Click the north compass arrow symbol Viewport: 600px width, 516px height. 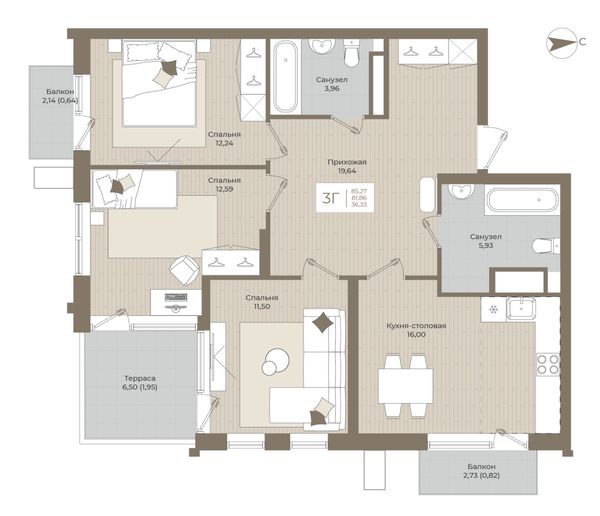point(561,43)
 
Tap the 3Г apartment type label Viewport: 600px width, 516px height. point(331,198)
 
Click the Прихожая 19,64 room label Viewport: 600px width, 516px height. point(347,166)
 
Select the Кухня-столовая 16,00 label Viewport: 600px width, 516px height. point(416,330)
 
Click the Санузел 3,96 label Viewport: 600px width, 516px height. point(331,84)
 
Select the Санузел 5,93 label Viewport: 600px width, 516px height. point(485,241)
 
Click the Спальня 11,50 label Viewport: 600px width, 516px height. point(262,302)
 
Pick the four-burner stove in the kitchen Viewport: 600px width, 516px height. point(548,364)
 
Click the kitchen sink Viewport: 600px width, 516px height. point(521,309)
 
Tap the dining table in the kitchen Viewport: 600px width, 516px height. point(406,385)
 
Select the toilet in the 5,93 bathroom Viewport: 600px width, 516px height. point(546,245)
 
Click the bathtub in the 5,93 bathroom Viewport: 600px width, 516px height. point(522,199)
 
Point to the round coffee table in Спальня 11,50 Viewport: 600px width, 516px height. point(274,362)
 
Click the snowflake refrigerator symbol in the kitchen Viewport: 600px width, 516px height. point(493,309)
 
